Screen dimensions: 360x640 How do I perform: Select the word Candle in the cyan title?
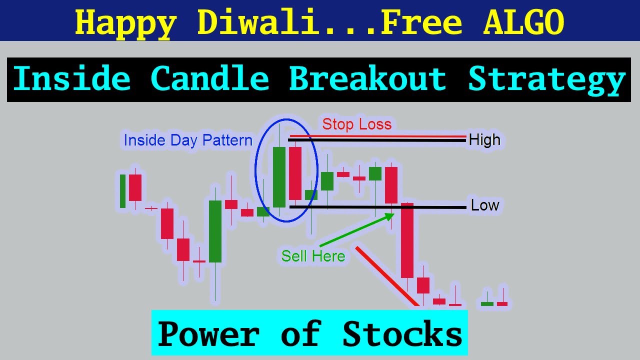(209, 79)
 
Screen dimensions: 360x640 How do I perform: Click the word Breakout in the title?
(367, 79)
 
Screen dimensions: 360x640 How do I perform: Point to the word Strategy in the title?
(546, 79)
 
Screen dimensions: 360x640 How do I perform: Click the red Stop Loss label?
(356, 124)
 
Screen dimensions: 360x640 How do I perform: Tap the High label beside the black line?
(484, 140)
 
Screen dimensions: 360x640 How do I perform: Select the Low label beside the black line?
(484, 205)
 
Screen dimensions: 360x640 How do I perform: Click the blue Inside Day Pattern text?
(188, 140)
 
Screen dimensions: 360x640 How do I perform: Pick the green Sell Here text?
(313, 256)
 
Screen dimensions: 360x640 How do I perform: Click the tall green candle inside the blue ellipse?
(279, 177)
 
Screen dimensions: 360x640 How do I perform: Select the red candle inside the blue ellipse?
(295, 173)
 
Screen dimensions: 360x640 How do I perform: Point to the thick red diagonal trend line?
(387, 275)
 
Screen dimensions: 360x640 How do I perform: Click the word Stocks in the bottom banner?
(402, 334)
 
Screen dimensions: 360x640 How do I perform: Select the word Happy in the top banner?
(125, 22)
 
